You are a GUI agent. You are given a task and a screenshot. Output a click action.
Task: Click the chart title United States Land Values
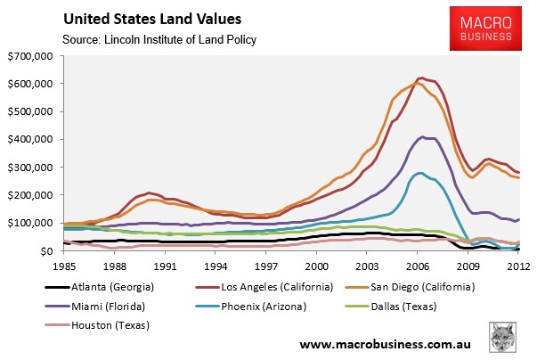coord(146,18)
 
